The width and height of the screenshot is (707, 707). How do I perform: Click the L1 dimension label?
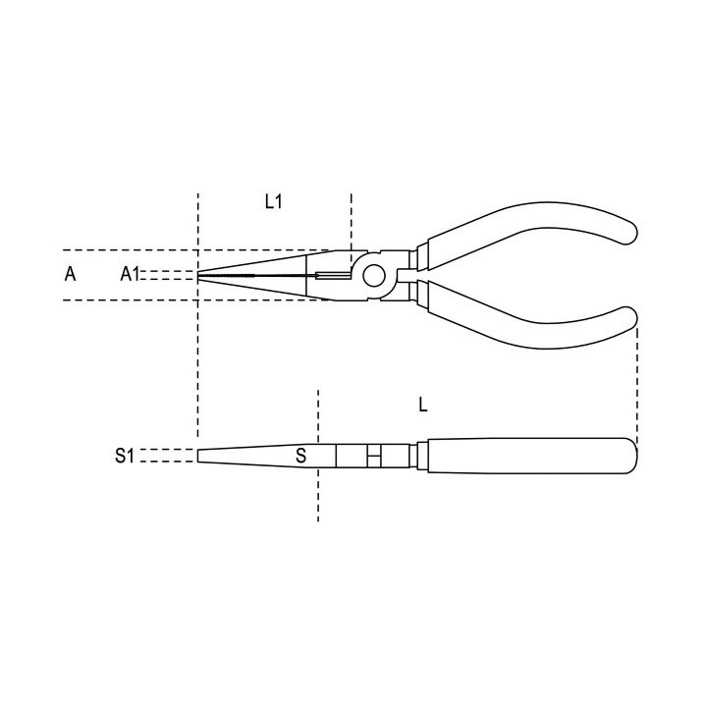[273, 201]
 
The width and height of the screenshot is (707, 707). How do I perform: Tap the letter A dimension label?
[70, 274]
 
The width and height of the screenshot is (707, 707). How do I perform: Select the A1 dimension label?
[130, 274]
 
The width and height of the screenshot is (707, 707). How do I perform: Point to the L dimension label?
[422, 405]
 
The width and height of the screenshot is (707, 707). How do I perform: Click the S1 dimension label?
[125, 456]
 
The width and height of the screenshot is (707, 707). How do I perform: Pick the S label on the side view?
[300, 456]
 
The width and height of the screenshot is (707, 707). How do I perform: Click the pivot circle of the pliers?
[374, 276]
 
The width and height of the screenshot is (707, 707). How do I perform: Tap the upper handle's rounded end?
[625, 231]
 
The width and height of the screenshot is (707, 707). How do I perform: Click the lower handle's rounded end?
[625, 320]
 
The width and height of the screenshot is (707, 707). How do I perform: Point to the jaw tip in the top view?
[198, 275]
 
